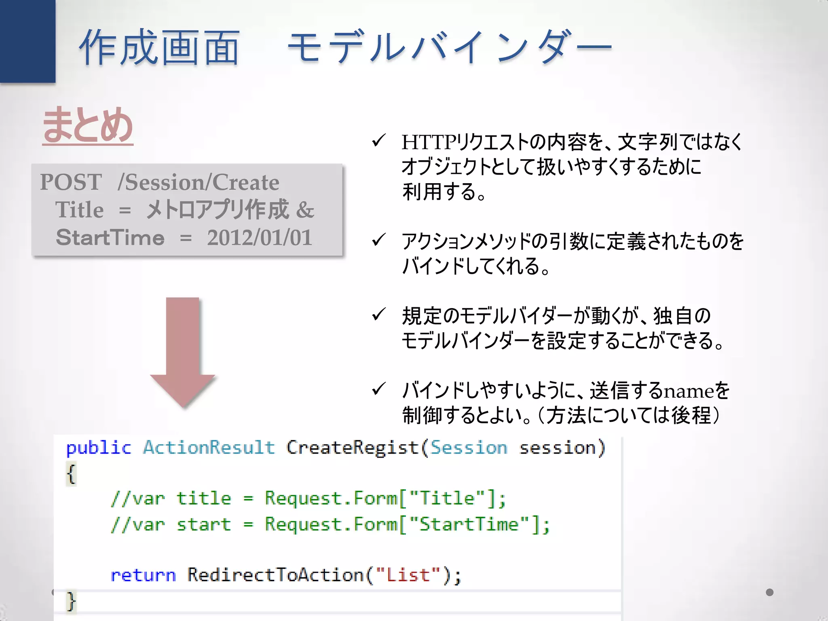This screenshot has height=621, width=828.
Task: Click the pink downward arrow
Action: (x=183, y=348)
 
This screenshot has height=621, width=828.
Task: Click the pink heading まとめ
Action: (x=88, y=125)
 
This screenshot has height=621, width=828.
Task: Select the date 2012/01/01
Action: (x=260, y=237)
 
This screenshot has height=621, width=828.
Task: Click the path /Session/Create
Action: (x=198, y=182)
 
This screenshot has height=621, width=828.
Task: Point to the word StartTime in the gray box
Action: (x=110, y=237)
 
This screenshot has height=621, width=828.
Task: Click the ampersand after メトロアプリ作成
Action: (x=305, y=210)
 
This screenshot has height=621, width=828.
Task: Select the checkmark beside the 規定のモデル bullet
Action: (x=378, y=315)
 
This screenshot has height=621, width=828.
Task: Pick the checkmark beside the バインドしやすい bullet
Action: (x=378, y=389)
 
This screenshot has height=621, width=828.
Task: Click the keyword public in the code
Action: (x=99, y=448)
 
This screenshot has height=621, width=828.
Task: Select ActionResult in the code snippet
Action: (x=209, y=448)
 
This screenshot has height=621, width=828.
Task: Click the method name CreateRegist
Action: (x=352, y=448)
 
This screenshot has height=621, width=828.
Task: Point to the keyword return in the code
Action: (x=143, y=575)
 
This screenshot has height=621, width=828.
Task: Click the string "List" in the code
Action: (x=408, y=575)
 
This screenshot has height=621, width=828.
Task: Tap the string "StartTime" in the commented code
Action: (x=469, y=524)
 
